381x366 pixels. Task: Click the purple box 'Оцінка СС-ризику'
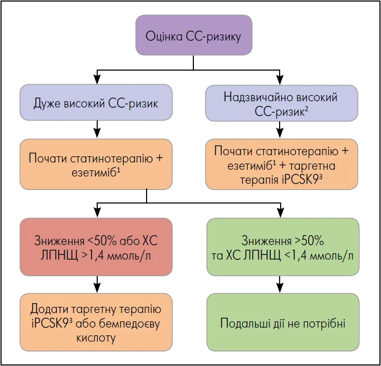pyautogui.click(x=193, y=35)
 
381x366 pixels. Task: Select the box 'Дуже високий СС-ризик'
pyautogui.click(x=96, y=102)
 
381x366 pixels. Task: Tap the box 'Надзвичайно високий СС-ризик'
pyautogui.click(x=281, y=103)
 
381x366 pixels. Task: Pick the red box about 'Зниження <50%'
pyautogui.click(x=96, y=247)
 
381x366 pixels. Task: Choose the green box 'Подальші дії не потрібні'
pyautogui.click(x=283, y=322)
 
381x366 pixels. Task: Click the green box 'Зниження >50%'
pyautogui.click(x=283, y=247)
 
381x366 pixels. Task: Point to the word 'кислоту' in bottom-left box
pyautogui.click(x=96, y=337)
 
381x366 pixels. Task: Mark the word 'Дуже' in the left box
pyautogui.click(x=47, y=103)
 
